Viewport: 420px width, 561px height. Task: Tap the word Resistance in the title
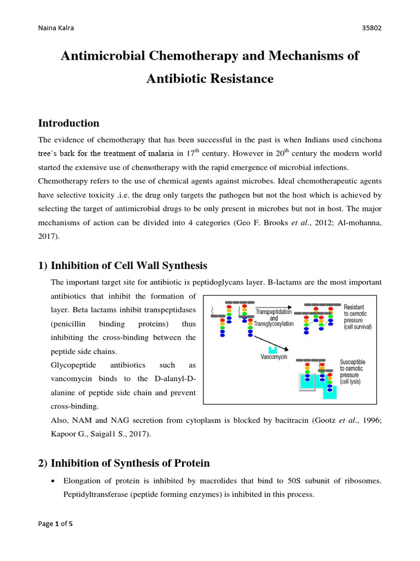241,78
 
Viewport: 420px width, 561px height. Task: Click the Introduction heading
68,123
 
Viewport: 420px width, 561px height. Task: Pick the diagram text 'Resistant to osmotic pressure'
357,317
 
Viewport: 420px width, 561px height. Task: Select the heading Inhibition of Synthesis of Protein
130,463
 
